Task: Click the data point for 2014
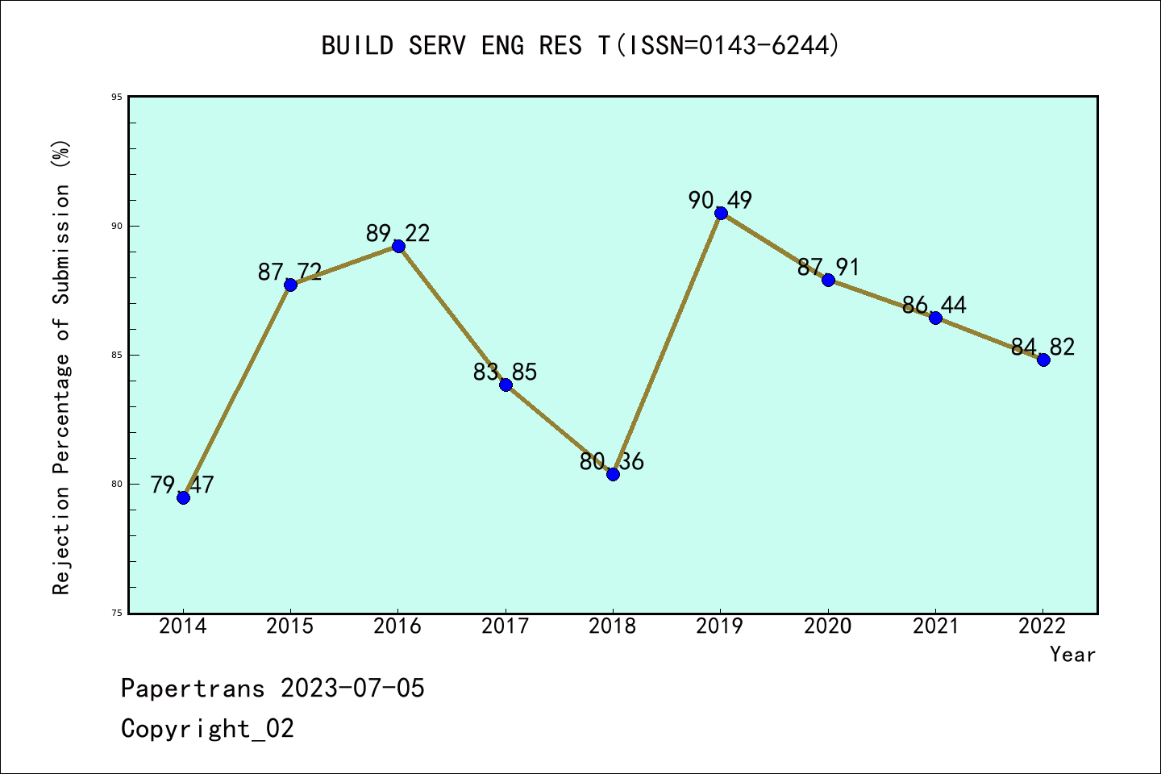pyautogui.click(x=183, y=497)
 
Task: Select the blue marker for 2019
pyautogui.click(x=721, y=213)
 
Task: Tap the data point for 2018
pyautogui.click(x=613, y=474)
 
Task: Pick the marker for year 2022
pyautogui.click(x=1043, y=360)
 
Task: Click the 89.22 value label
pyautogui.click(x=397, y=233)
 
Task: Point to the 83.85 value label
pyautogui.click(x=505, y=372)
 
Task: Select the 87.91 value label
pyautogui.click(x=828, y=267)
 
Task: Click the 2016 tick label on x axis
pyautogui.click(x=397, y=626)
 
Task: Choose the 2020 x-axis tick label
pyautogui.click(x=828, y=626)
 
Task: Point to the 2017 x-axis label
pyautogui.click(x=506, y=626)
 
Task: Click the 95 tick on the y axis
pyautogui.click(x=117, y=97)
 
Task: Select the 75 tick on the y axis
pyautogui.click(x=117, y=613)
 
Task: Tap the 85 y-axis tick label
pyautogui.click(x=117, y=355)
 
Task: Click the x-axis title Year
pyautogui.click(x=1072, y=654)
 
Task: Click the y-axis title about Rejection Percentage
pyautogui.click(x=61, y=367)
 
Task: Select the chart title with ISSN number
pyautogui.click(x=580, y=45)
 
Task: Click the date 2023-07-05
pyautogui.click(x=352, y=689)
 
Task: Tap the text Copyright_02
pyautogui.click(x=207, y=728)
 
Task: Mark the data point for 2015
pyautogui.click(x=290, y=285)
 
